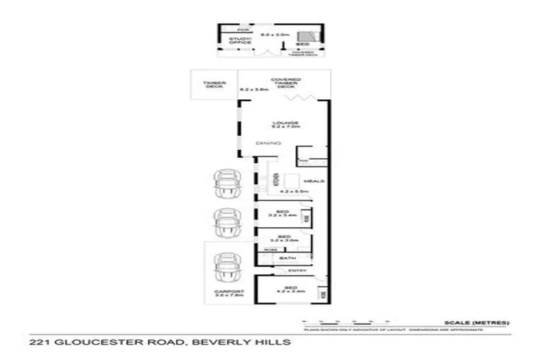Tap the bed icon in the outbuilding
pos(307,38)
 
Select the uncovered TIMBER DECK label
pos(213,85)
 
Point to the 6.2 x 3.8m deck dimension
pos(255,90)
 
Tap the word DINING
pos(269,144)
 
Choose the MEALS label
pos(314,181)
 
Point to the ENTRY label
pos(298,270)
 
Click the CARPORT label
pos(229,293)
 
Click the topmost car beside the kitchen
pos(228,186)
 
